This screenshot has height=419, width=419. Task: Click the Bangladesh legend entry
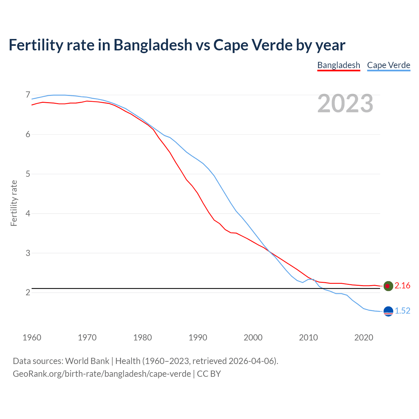click(338, 65)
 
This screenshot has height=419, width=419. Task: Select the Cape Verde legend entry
click(389, 65)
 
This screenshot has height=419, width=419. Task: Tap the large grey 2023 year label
click(345, 103)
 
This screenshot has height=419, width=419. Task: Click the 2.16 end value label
click(402, 286)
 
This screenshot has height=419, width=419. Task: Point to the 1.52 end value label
click(402, 311)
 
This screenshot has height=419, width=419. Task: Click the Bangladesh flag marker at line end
click(388, 286)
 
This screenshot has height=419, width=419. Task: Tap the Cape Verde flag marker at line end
click(388, 311)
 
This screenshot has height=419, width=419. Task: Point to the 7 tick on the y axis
click(28, 95)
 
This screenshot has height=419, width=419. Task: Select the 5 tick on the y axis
click(28, 174)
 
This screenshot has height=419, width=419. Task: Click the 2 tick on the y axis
click(28, 292)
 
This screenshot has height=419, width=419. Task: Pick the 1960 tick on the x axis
click(32, 337)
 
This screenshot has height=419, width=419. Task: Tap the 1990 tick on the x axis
click(198, 337)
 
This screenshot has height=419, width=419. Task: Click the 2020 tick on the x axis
click(364, 337)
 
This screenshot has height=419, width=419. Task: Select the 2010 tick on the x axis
click(308, 337)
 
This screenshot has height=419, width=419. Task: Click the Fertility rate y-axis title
click(14, 203)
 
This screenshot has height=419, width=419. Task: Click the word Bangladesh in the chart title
click(153, 45)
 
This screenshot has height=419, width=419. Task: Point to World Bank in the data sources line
click(87, 361)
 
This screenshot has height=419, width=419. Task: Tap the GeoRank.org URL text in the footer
click(101, 374)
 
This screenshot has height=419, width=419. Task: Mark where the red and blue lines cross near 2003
click(269, 251)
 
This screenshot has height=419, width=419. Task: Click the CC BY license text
click(209, 374)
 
